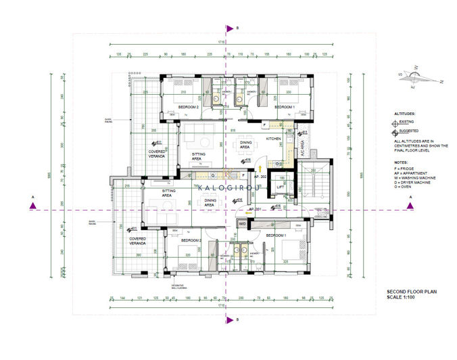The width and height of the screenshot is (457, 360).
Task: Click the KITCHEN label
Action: [273, 138]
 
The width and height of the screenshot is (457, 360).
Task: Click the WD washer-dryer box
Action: [241, 223]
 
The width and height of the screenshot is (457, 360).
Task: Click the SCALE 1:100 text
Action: [400, 295]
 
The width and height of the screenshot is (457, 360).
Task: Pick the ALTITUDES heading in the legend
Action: [405, 114]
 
